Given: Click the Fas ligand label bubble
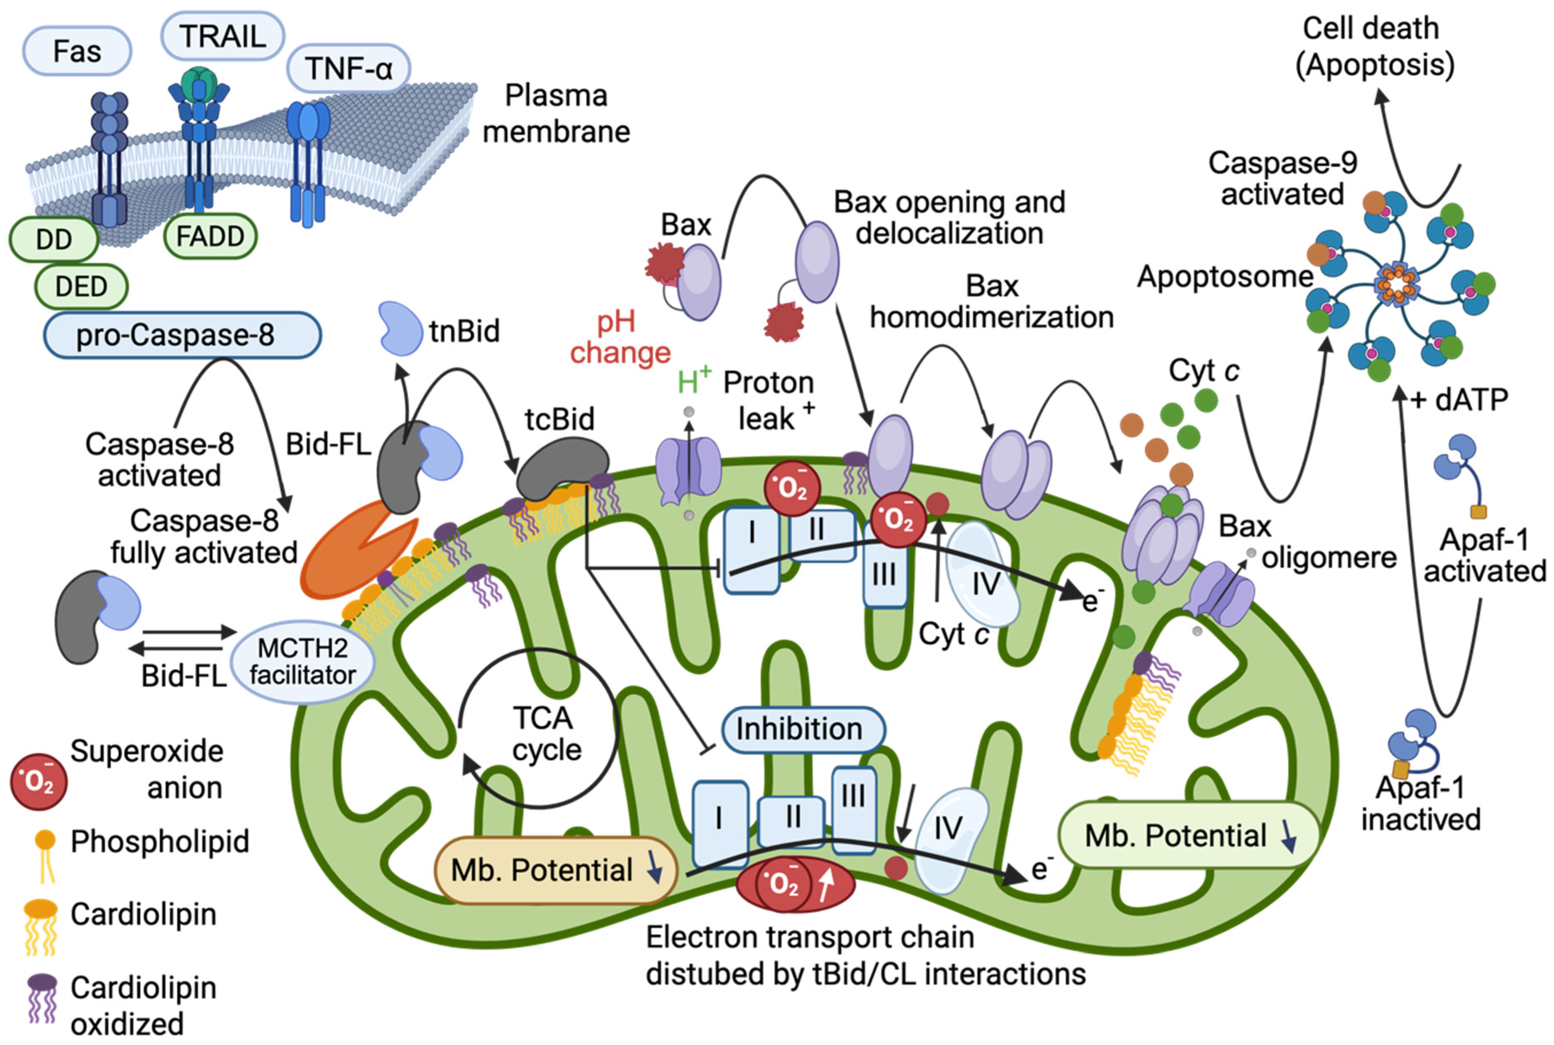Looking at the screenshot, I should click(76, 51).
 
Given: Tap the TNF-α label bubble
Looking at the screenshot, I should click(348, 68).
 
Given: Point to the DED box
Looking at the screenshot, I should click(81, 286).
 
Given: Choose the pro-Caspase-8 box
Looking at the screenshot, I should click(182, 335).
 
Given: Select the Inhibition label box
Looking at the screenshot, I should click(799, 728).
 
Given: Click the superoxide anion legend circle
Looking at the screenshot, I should click(39, 780).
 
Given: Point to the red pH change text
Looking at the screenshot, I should click(619, 337).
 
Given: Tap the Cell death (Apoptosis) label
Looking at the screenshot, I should click(1375, 47).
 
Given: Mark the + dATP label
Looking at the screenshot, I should click(1458, 400).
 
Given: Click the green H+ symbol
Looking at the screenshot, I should click(693, 382).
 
